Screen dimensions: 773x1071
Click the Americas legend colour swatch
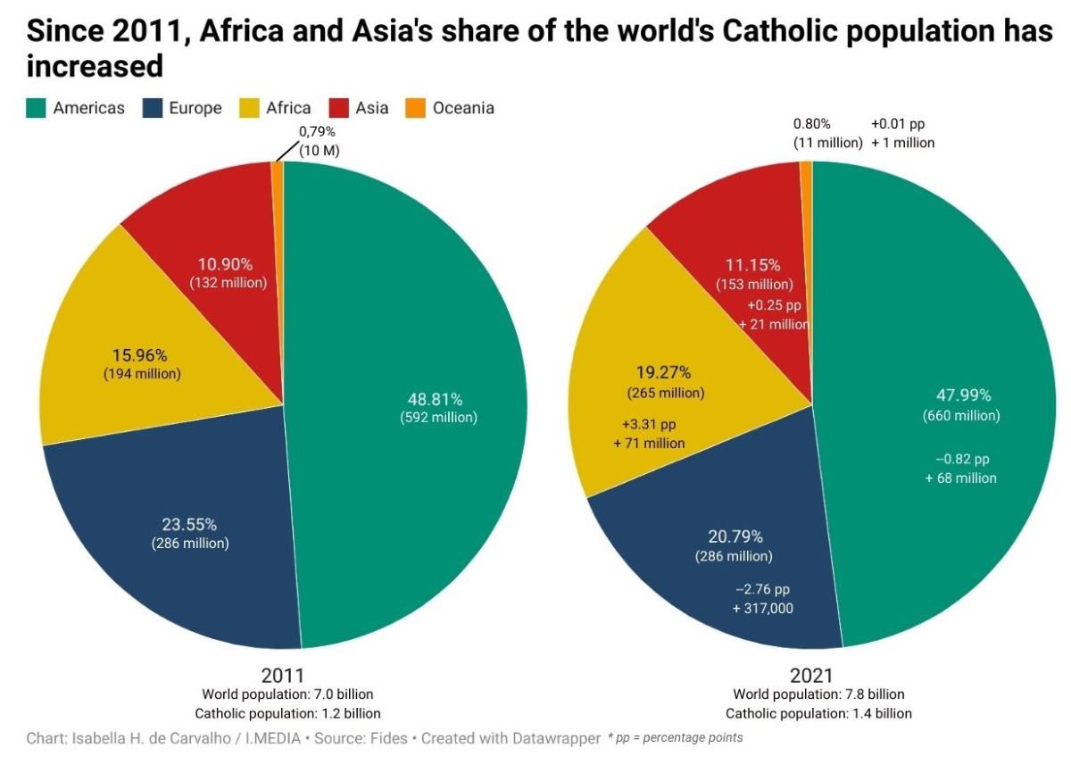(x=37, y=108)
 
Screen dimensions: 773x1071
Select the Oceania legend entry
(x=451, y=108)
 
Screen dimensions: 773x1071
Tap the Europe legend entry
(x=183, y=108)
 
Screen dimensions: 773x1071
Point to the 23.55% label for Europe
(x=190, y=525)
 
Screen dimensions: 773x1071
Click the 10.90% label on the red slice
(x=228, y=264)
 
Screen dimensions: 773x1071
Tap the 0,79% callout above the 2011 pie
(x=317, y=132)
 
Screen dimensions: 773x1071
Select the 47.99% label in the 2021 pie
(x=964, y=395)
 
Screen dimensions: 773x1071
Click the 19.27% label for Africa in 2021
(x=664, y=372)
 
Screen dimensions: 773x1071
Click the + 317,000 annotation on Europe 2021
(x=762, y=608)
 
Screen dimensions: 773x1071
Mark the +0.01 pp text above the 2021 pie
(x=902, y=124)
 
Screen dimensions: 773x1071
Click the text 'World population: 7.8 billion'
(x=818, y=694)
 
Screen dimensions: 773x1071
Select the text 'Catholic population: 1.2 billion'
(x=287, y=713)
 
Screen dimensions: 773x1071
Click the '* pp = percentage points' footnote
(x=675, y=738)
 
